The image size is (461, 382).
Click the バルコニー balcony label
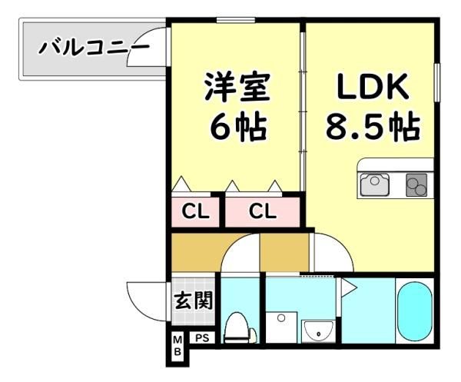pyautogui.click(x=94, y=48)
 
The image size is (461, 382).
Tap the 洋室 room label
pyautogui.click(x=237, y=87)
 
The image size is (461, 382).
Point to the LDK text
pyautogui.click(x=373, y=86)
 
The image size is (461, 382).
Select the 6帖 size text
pyautogui.click(x=238, y=126)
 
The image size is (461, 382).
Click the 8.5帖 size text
pyautogui.click(x=373, y=125)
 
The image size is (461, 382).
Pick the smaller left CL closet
pyautogui.click(x=195, y=211)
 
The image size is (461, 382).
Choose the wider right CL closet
pyautogui.click(x=263, y=211)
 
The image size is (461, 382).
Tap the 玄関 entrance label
pyautogui.click(x=193, y=301)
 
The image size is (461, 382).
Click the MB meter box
pyautogui.click(x=177, y=346)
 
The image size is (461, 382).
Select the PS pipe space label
pyautogui.click(x=202, y=338)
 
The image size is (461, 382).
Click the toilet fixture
pyautogui.click(x=239, y=327)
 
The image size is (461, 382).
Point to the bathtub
pyautogui.click(x=415, y=311)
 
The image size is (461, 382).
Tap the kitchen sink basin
pyautogui.click(x=375, y=184)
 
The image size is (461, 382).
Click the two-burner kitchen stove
pyautogui.click(x=416, y=185)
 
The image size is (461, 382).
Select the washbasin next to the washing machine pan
pyautogui.click(x=318, y=332)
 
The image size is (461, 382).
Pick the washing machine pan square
pyautogui.click(x=281, y=327)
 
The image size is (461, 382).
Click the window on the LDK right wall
pyautogui.click(x=437, y=83)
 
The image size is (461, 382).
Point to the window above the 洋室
pyautogui.click(x=236, y=20)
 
